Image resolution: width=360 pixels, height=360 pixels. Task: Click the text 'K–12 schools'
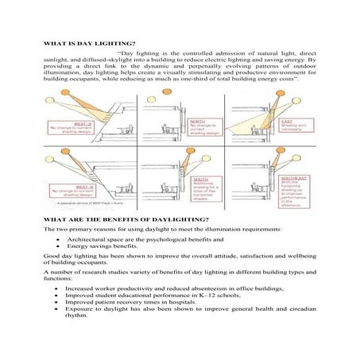(x=235, y=293)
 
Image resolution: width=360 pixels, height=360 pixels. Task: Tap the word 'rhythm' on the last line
(x=79, y=318)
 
